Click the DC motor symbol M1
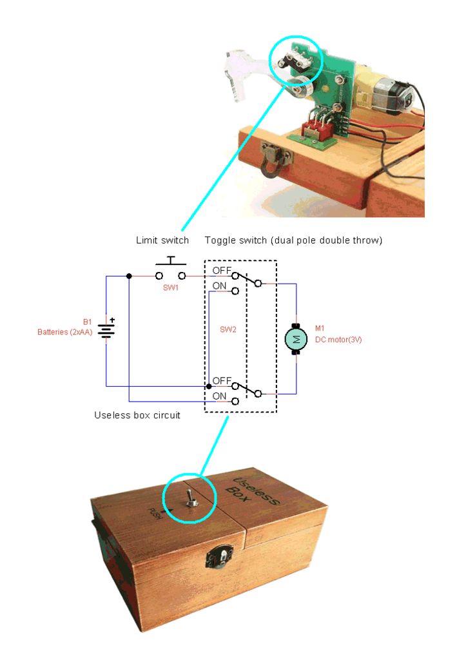pyautogui.click(x=296, y=339)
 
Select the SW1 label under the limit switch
pyautogui.click(x=170, y=287)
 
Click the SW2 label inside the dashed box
pyautogui.click(x=228, y=329)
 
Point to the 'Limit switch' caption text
pyautogui.click(x=162, y=240)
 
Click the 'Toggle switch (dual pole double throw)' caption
pyautogui.click(x=293, y=240)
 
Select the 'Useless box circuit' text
pyautogui.click(x=137, y=415)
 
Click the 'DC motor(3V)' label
pyautogui.click(x=338, y=339)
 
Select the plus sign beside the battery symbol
pyautogui.click(x=112, y=318)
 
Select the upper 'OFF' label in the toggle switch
pyautogui.click(x=222, y=270)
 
